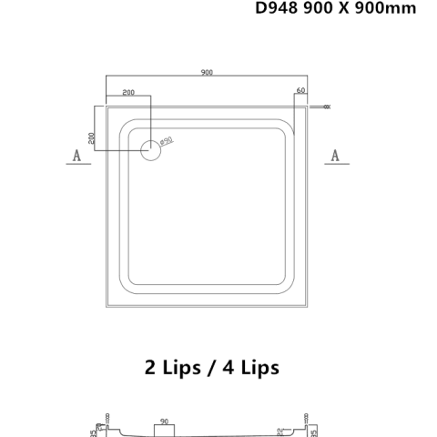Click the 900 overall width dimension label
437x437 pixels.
point(208,73)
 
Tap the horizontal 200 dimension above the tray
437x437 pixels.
point(127,93)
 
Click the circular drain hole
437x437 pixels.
point(150,150)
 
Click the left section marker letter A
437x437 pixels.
point(77,156)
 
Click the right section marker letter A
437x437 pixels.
point(334,156)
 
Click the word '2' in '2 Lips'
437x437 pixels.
point(150,368)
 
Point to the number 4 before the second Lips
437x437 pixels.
point(224,368)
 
